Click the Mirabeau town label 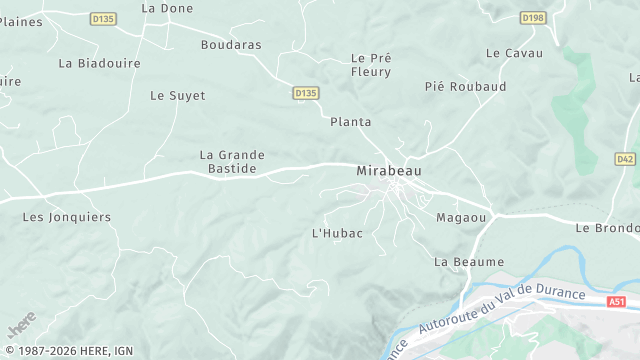pos(389,171)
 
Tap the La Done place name pos(167,8)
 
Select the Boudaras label pos(231,45)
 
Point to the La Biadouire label pos(99,63)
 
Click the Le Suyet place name pos(177,96)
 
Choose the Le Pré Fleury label pos(371,65)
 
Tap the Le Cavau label pos(514,53)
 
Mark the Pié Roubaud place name pos(465,87)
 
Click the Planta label pos(350,122)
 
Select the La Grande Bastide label pos(232,162)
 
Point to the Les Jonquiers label pos(67,217)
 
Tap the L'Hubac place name pos(337,233)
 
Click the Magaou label pos(461,217)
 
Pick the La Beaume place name pos(469,262)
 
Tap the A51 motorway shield pos(617,301)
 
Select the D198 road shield pos(533,17)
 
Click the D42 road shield pos(625,158)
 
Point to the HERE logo pos(21,325)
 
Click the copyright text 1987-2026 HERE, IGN pos(67,351)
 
